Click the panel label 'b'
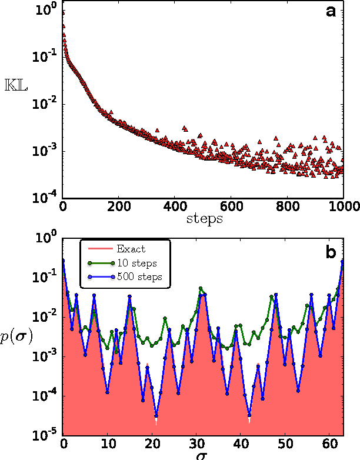(331, 253)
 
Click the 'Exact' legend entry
(132, 249)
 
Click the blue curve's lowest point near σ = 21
(156, 415)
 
